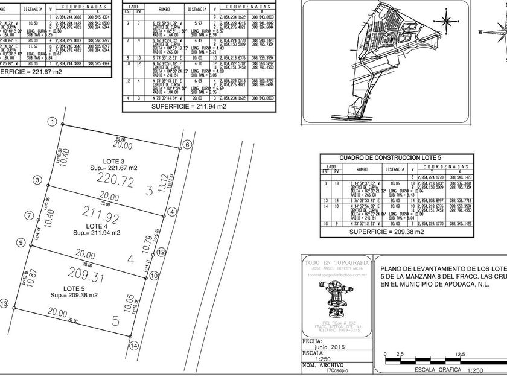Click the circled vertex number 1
coord(53,122)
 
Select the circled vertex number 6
coord(187,145)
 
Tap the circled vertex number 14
coord(134,346)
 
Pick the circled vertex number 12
coord(161,252)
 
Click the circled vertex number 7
coord(28,215)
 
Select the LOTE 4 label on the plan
coord(96,226)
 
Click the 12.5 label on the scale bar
coord(461,354)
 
